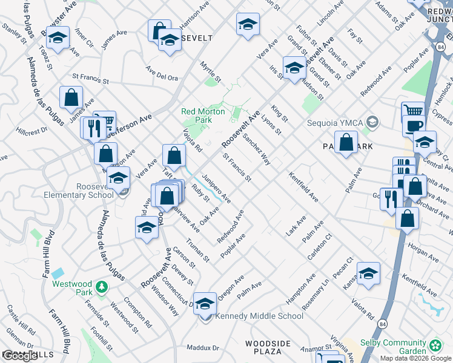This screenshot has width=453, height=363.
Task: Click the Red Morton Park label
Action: tap(203, 116)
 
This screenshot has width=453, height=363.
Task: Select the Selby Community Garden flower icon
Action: tap(435, 346)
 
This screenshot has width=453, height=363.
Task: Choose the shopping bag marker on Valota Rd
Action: tap(174, 155)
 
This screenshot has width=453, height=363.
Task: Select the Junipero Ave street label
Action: tap(216, 188)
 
